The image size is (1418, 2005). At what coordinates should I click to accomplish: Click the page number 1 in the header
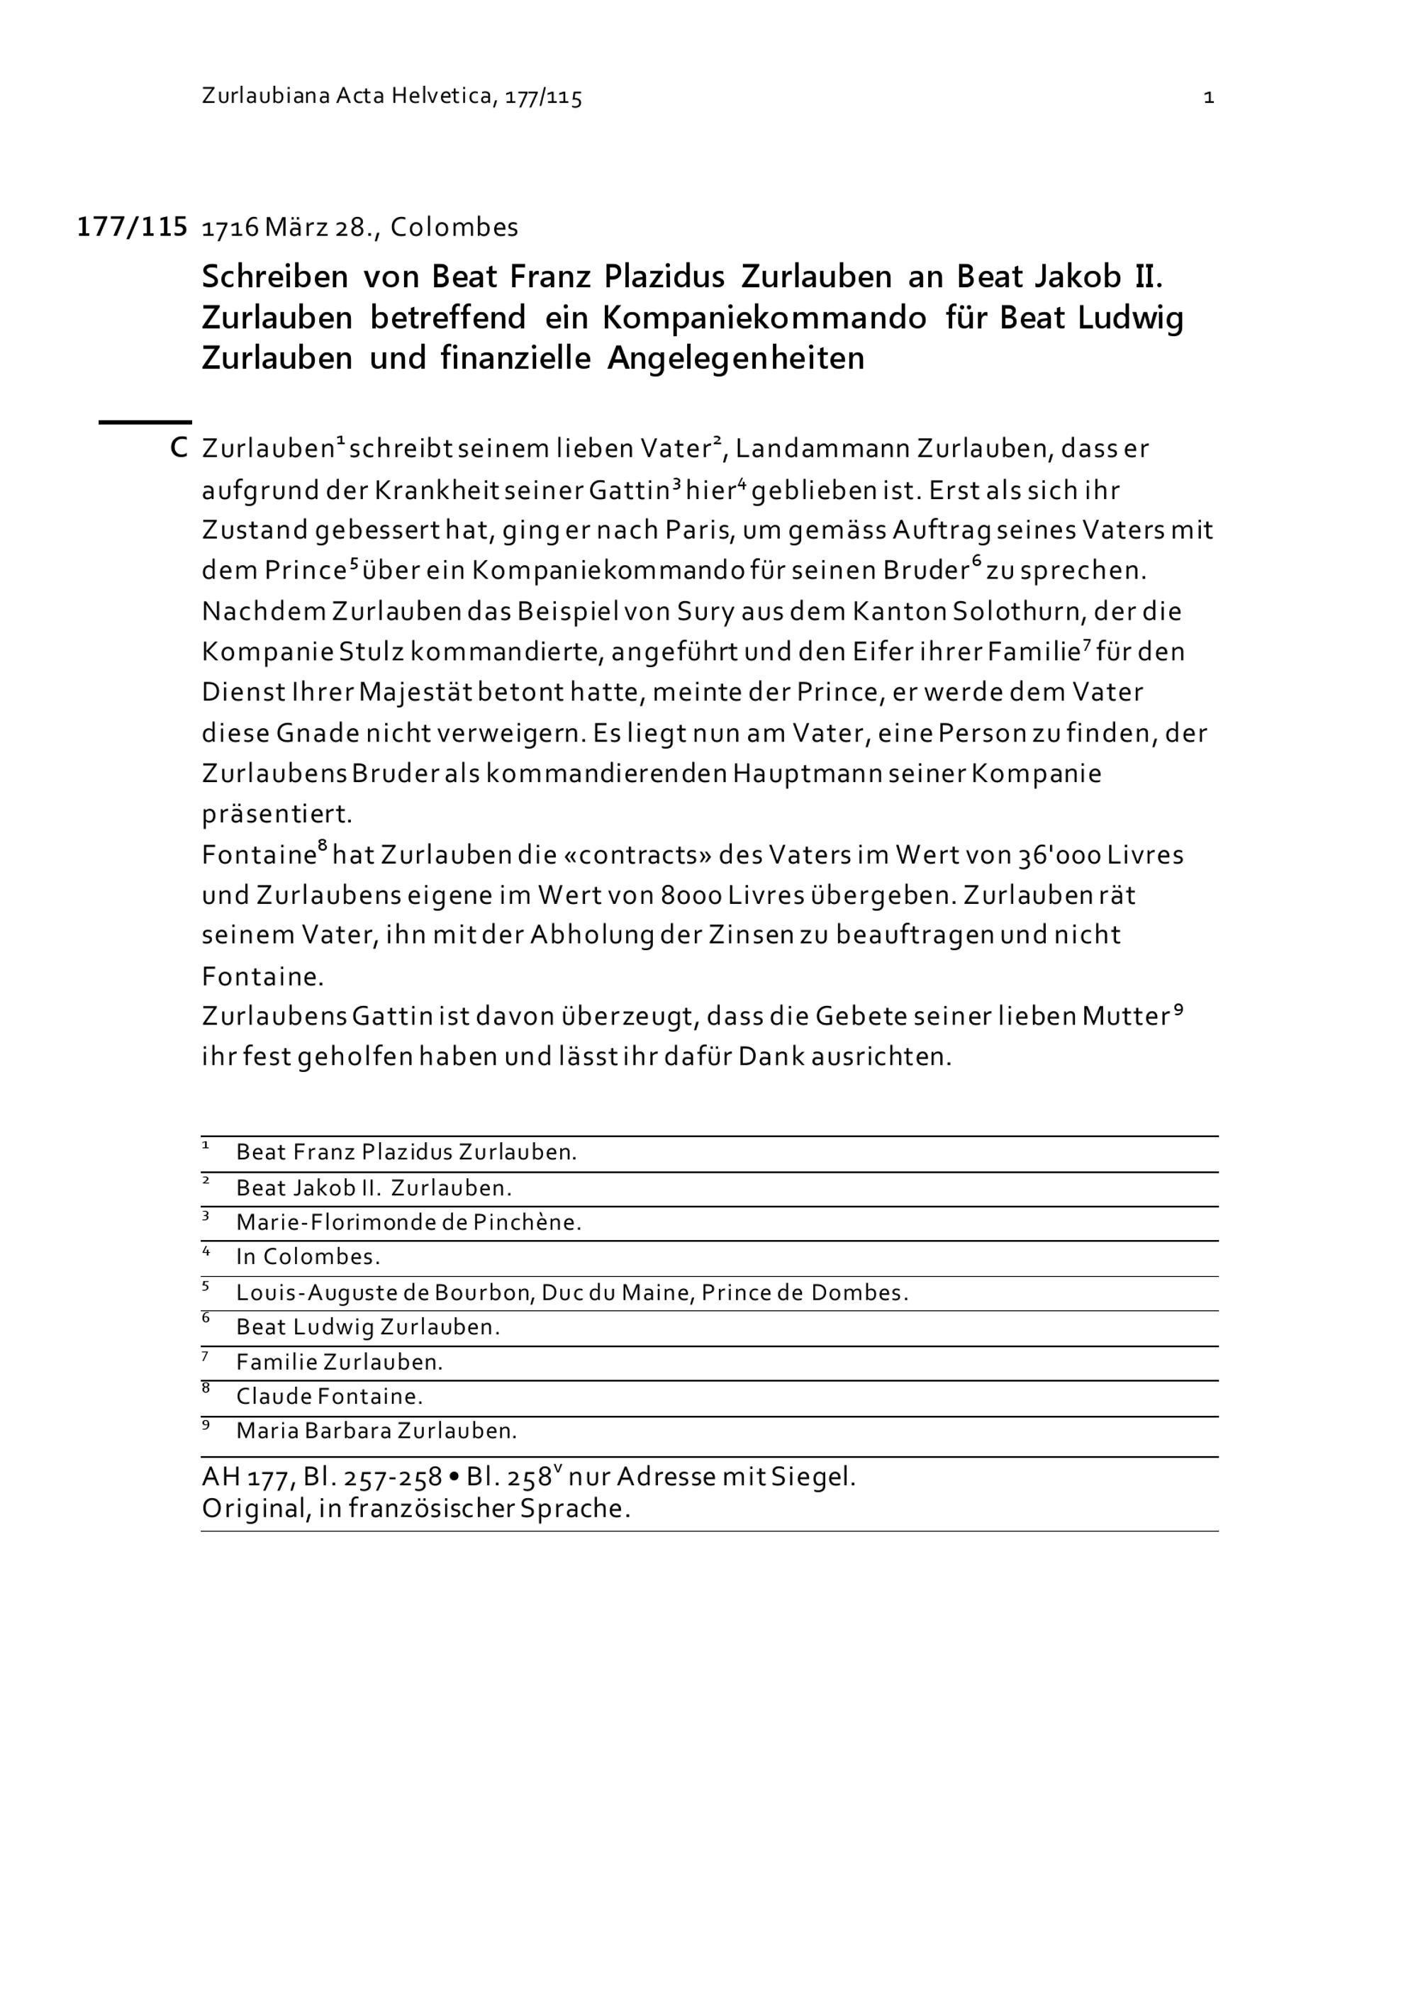1208,98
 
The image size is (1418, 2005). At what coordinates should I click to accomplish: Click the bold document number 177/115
132,227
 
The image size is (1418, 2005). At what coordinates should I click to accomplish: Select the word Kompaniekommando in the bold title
764,318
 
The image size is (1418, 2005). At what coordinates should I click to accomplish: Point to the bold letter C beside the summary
179,449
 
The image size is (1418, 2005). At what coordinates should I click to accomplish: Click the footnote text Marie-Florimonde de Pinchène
408,1222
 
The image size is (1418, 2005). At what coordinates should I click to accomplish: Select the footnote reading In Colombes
308,1258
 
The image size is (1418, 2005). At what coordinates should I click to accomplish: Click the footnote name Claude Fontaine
329,1397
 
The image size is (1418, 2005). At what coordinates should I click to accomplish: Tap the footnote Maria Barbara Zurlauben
376,1431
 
